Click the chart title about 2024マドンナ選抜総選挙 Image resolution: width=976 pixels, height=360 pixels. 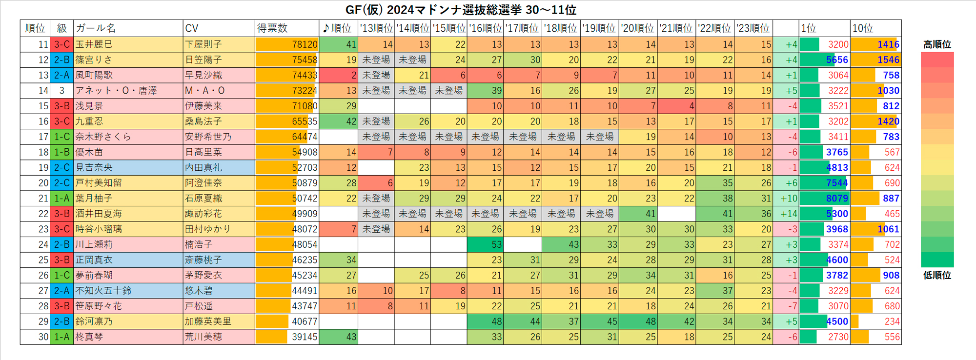point(461,10)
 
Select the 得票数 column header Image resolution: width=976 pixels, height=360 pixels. point(272,28)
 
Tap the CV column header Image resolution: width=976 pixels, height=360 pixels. point(192,28)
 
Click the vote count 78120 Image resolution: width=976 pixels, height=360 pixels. point(305,44)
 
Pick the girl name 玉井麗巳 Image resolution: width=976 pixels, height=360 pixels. point(94,44)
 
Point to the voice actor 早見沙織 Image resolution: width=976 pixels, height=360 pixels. point(203,75)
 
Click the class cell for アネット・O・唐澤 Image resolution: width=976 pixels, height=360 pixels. point(61,91)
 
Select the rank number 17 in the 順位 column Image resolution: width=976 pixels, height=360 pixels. point(43,137)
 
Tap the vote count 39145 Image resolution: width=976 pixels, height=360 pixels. point(305,337)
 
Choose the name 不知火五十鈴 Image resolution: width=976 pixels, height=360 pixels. point(103,291)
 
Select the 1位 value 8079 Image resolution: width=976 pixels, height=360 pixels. point(837,199)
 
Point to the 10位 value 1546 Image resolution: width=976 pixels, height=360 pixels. point(888,60)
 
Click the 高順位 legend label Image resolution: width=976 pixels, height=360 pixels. point(937,44)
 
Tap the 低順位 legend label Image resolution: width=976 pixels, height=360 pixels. point(937,275)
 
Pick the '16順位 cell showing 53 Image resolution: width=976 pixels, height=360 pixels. point(497,244)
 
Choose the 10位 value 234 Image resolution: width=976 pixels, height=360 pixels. point(892,321)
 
